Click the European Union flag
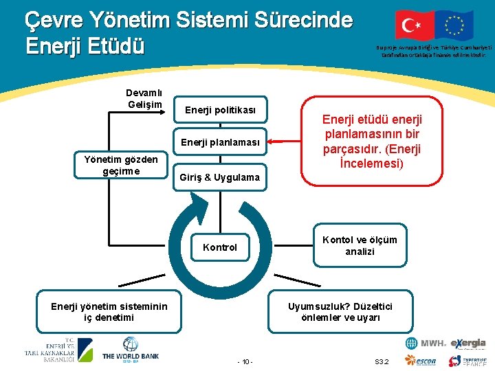click(454, 25)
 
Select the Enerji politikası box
click(220, 110)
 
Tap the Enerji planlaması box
click(220, 143)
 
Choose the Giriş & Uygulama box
click(220, 177)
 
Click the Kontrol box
click(220, 247)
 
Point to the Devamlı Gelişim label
click(144, 99)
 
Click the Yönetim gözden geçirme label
click(121, 166)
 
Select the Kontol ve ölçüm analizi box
click(360, 245)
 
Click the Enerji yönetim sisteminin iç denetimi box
click(109, 312)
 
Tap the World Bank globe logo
click(131, 345)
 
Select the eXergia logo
click(468, 344)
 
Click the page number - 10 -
click(245, 361)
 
